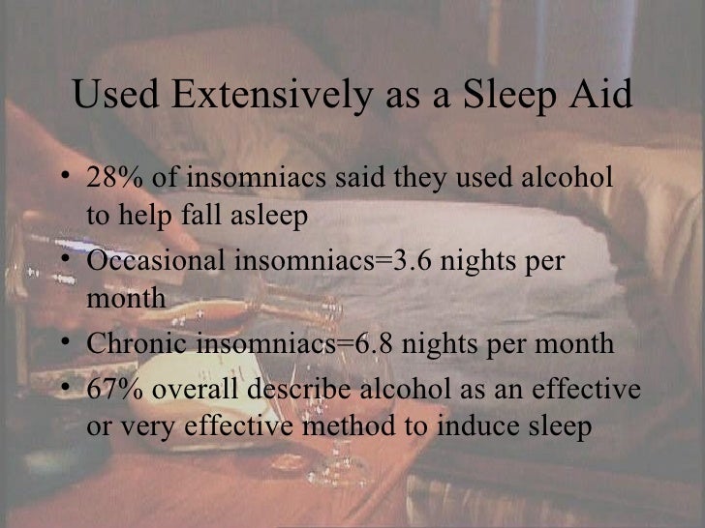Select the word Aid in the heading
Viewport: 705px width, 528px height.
click(x=605, y=97)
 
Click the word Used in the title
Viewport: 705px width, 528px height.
click(x=109, y=97)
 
